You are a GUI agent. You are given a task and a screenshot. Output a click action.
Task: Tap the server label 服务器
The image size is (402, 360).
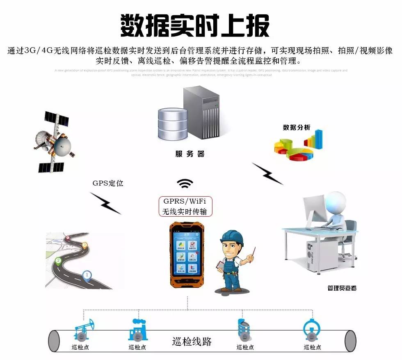tap(190, 154)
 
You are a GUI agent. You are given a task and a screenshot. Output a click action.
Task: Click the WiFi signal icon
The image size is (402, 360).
tap(185, 183)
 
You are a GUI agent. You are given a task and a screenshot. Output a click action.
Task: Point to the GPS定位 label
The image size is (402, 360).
tap(108, 183)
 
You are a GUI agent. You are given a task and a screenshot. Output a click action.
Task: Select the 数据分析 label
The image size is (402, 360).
tap(296, 127)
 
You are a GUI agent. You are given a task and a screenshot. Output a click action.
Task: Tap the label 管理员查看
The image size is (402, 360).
tap(342, 288)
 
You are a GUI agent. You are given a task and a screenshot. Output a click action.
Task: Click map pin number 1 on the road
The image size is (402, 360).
tap(87, 275)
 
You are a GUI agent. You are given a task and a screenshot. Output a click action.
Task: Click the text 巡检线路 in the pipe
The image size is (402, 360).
tap(192, 342)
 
